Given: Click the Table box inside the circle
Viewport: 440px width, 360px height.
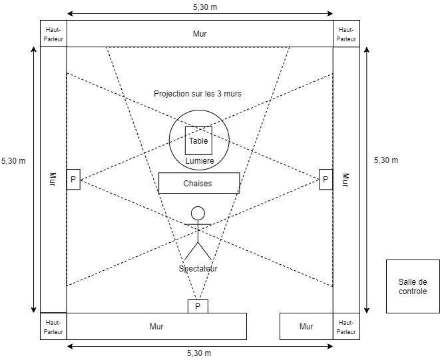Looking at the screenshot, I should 198,140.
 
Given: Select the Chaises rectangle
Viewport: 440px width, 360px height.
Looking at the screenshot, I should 198,183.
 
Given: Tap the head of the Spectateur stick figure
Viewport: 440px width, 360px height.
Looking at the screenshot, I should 198,213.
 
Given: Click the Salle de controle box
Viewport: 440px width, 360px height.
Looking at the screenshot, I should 413,286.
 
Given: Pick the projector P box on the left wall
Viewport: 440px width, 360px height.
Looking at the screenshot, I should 73,179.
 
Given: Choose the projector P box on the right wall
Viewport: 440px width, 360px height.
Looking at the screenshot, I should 326,179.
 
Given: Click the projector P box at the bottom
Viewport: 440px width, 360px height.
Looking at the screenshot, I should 198,306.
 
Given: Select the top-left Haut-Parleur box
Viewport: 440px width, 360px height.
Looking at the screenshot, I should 53,34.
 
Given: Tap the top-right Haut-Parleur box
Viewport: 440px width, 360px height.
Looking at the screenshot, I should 345,34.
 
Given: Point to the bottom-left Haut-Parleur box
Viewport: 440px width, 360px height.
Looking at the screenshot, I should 53,326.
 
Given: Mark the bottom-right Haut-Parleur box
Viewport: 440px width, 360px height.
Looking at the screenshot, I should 345,326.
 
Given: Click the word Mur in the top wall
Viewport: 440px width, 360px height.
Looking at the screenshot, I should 200,34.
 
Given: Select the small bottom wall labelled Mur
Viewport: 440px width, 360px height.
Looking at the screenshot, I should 306,326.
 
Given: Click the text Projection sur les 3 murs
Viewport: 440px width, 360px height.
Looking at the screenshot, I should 197,94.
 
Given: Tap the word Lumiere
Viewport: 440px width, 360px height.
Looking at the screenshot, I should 198,162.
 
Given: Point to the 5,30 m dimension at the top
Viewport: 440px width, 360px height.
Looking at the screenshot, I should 200,6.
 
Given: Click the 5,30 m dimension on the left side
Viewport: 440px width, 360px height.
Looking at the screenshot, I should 13,160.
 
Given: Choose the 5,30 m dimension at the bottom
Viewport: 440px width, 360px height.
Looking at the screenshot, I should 200,353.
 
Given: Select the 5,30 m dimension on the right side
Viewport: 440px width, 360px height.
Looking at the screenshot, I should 386,160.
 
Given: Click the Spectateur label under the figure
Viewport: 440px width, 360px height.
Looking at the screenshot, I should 198,268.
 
